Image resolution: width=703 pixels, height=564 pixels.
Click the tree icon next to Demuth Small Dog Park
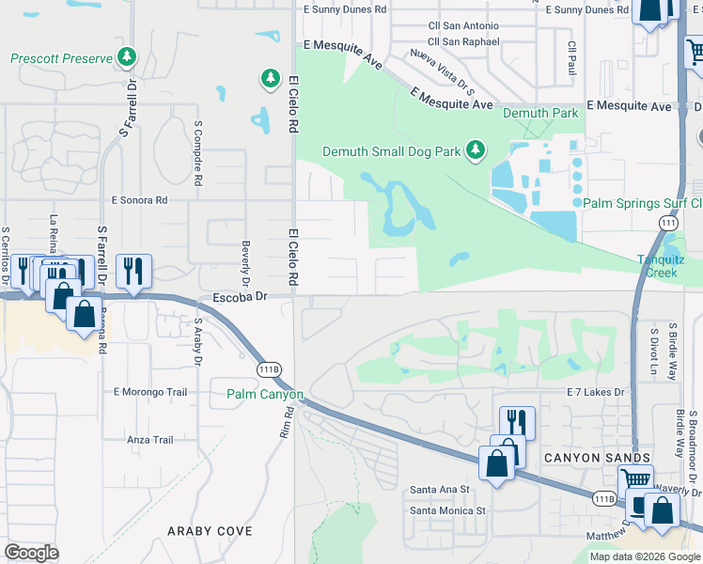476,150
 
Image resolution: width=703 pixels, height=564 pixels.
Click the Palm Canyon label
264,394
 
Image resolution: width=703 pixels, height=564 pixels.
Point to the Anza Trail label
150,439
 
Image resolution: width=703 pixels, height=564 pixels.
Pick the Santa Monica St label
446,510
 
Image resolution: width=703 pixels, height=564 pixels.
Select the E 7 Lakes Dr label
596,391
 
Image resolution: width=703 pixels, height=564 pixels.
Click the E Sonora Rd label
138,200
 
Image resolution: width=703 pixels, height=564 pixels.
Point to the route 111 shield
667,222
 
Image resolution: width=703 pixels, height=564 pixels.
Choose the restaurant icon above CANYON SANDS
517,420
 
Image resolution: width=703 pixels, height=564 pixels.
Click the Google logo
32,552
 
